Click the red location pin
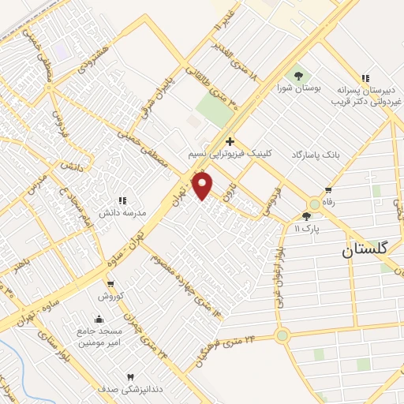(204, 186)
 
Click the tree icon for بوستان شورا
(298, 76)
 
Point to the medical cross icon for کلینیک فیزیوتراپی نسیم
(230, 141)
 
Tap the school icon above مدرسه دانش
(121, 201)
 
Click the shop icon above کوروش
(110, 285)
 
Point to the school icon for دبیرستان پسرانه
(364, 78)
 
